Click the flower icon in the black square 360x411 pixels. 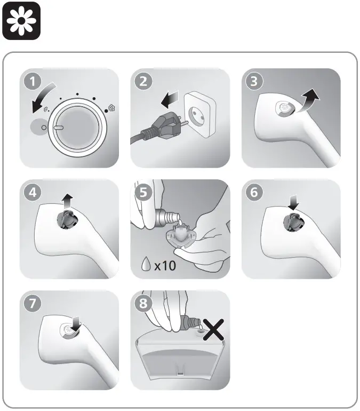(21, 21)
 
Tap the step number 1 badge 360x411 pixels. (33, 82)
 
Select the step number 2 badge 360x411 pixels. (143, 82)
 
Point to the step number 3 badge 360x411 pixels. (254, 82)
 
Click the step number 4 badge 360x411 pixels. (33, 192)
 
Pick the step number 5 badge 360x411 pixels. (143, 192)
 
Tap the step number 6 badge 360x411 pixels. (254, 192)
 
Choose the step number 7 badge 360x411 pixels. (33, 303)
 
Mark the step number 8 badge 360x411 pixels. (143, 303)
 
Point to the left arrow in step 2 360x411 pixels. (170, 100)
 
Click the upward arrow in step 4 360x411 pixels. (68, 201)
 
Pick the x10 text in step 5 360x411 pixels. (165, 266)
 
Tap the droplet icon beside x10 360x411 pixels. (146, 264)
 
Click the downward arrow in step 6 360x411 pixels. (293, 202)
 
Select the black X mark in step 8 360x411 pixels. (213, 329)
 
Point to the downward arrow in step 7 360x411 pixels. (77, 324)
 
